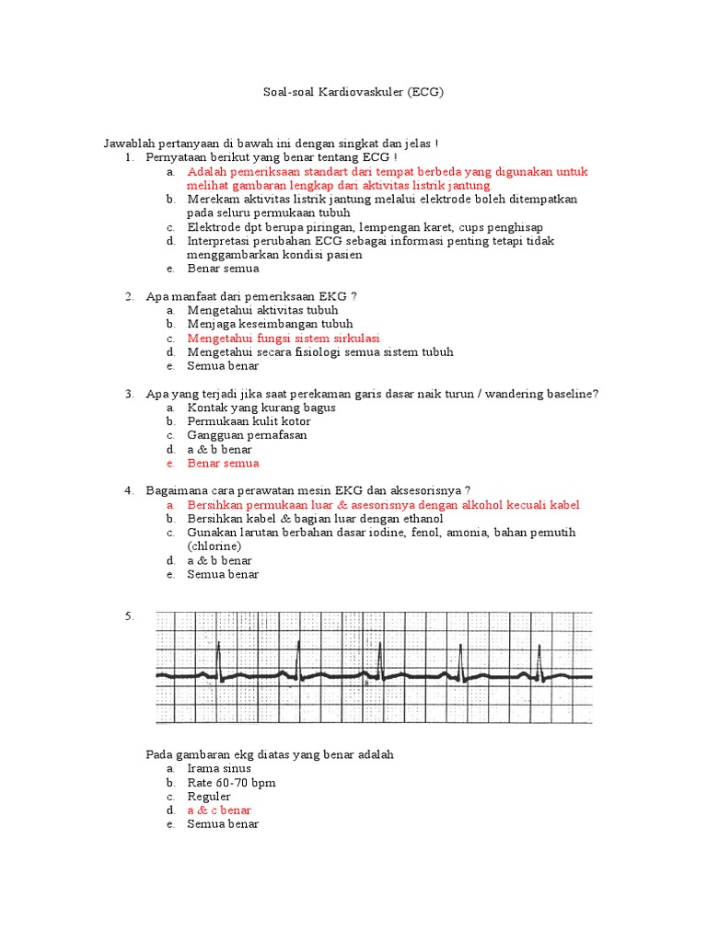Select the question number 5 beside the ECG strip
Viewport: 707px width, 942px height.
[130, 616]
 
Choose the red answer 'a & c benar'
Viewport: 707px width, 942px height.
[219, 810]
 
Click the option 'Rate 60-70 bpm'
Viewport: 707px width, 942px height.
[231, 783]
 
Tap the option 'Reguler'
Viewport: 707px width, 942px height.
[209, 797]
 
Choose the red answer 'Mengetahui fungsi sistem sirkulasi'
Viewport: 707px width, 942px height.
[283, 338]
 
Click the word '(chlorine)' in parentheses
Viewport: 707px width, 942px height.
[214, 546]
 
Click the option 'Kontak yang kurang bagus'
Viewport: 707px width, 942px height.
[261, 408]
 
